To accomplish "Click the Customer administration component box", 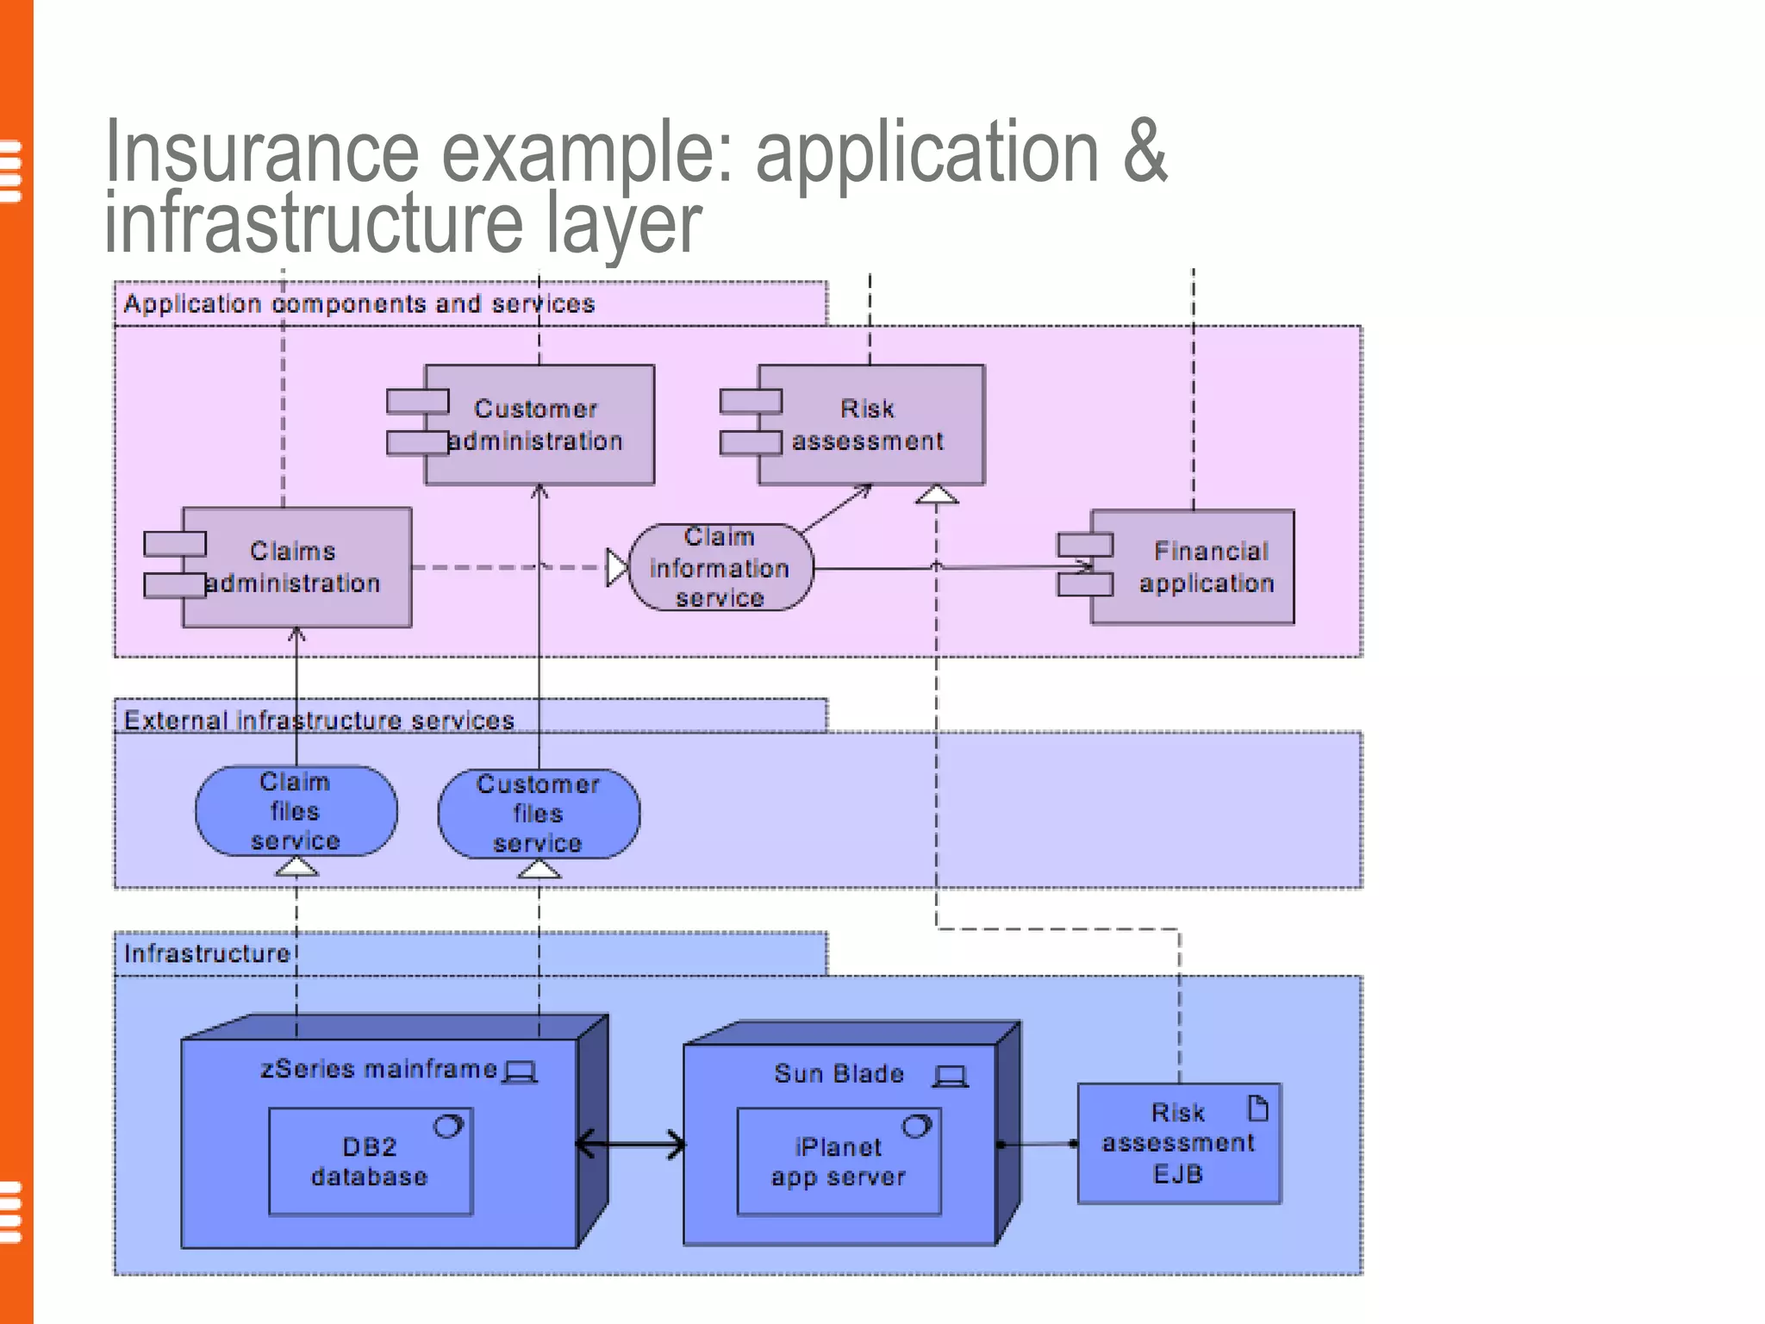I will click(x=538, y=424).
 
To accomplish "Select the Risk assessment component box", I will click(x=870, y=424).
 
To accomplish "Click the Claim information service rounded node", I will click(x=720, y=567).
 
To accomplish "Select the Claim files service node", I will click(x=296, y=811).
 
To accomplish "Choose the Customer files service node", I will click(x=538, y=814).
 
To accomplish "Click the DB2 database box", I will click(x=371, y=1162).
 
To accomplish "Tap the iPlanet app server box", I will click(x=839, y=1162).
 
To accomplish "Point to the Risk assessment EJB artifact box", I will click(x=1178, y=1143).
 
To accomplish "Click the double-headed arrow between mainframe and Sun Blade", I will click(x=630, y=1145).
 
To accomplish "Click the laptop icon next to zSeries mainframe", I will click(x=520, y=1071).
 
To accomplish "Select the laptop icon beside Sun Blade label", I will click(x=951, y=1076).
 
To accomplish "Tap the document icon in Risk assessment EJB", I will click(x=1258, y=1108).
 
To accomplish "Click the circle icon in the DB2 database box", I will click(x=448, y=1126).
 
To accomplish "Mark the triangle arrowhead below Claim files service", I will click(x=296, y=867).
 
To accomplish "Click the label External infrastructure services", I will click(x=319, y=720).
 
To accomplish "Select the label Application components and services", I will click(x=359, y=303).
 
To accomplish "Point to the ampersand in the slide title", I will click(x=1144, y=152).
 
